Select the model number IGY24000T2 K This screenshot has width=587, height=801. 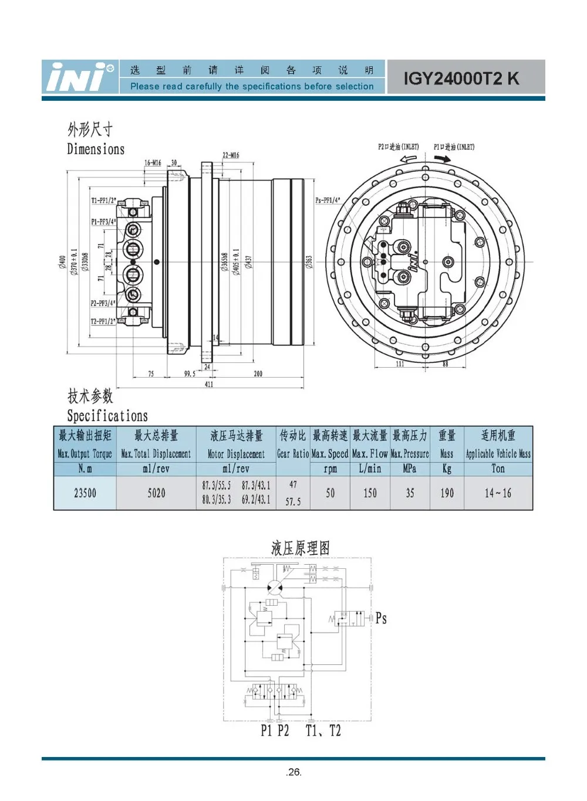click(461, 79)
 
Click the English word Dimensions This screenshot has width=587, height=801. click(96, 149)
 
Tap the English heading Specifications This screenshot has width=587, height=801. click(107, 416)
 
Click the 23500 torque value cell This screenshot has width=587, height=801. click(85, 493)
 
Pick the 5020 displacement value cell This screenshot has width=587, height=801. click(156, 493)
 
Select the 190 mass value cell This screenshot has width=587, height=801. click(447, 493)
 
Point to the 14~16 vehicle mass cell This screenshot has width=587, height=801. click(498, 493)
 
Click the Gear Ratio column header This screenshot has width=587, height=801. click(293, 453)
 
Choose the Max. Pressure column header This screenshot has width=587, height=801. click(410, 453)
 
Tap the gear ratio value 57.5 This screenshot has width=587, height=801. click(293, 502)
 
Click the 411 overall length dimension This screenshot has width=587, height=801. click(209, 384)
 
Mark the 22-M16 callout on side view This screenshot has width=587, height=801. click(231, 155)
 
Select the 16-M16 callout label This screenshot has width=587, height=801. click(153, 163)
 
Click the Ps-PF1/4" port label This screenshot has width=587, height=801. click(328, 200)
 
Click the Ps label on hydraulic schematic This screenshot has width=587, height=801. click(381, 618)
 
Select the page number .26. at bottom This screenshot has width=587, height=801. click(293, 772)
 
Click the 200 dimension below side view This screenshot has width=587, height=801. click(258, 374)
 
